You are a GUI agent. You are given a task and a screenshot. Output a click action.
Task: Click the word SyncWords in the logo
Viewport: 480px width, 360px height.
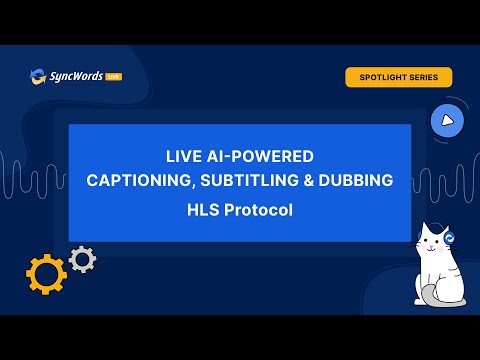click(76, 76)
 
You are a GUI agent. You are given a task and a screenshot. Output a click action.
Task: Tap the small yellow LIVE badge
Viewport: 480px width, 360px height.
click(114, 77)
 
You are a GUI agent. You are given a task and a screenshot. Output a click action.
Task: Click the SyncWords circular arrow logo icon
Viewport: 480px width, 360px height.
click(38, 77)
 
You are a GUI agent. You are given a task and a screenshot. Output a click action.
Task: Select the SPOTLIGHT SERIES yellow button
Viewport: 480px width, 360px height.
click(399, 77)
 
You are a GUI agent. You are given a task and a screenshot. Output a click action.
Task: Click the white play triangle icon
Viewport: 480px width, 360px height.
click(447, 121)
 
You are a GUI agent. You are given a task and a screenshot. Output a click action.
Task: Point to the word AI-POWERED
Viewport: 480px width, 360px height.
click(260, 156)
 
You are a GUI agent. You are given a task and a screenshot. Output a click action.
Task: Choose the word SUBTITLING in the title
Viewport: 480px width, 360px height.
click(249, 180)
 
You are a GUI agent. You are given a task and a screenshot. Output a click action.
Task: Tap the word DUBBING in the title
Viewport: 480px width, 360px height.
click(356, 180)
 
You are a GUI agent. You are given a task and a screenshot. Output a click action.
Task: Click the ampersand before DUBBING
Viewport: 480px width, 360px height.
click(309, 180)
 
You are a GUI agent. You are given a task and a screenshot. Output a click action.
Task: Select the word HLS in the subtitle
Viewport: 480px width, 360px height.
click(203, 210)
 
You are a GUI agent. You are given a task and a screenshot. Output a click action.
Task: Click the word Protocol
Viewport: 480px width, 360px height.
click(258, 210)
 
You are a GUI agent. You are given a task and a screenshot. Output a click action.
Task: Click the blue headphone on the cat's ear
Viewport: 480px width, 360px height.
click(450, 238)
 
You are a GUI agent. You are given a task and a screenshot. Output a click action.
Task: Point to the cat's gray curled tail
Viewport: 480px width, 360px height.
click(437, 297)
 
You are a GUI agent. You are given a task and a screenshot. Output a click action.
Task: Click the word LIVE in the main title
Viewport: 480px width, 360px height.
click(184, 156)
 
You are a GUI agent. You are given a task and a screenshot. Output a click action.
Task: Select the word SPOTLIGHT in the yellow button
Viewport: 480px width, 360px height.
click(382, 77)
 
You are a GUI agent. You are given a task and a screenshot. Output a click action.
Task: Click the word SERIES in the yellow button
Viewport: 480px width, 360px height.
click(423, 77)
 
